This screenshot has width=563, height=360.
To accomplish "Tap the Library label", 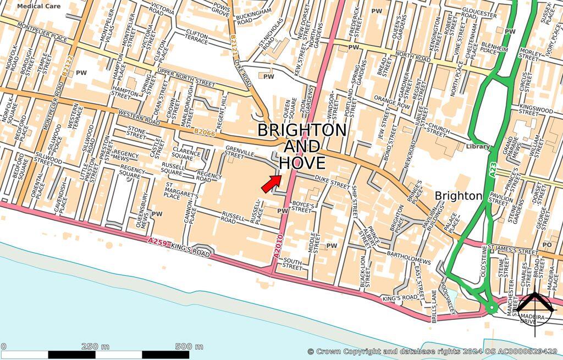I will tap(477, 147).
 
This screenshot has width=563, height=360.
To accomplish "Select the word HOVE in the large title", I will tap(302, 163).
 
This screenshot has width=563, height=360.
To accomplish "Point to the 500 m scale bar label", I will tap(189, 346).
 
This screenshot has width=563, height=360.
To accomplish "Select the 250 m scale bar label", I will tap(95, 346).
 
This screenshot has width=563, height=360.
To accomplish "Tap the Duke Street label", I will tap(332, 181).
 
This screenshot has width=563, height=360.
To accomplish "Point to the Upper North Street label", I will tap(186, 77).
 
